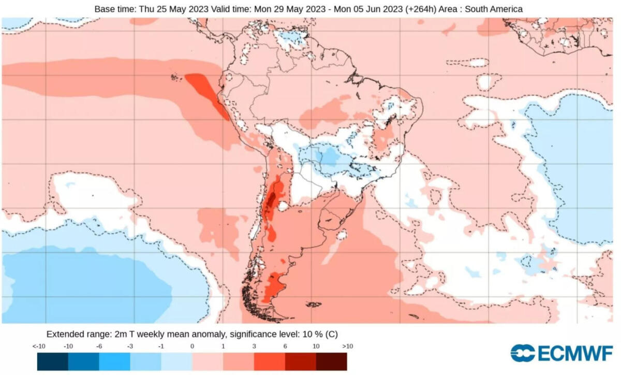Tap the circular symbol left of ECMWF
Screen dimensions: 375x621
click(523, 353)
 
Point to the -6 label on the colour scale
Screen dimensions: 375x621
click(99, 346)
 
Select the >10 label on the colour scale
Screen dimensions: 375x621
click(347, 346)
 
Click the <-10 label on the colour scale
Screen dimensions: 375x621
click(37, 346)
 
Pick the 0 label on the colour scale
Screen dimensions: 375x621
click(192, 346)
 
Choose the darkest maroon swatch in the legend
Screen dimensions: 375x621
click(331, 362)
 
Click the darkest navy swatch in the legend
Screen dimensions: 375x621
click(52, 362)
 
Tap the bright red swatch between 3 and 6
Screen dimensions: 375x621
click(270, 362)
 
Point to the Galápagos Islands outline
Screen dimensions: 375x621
click(178, 78)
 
